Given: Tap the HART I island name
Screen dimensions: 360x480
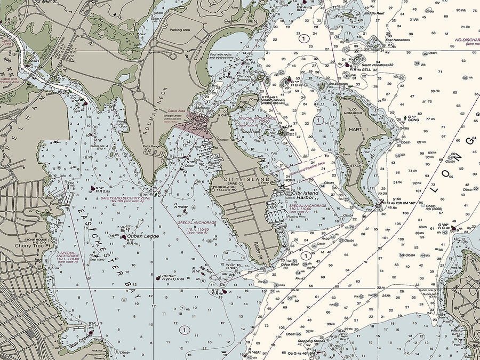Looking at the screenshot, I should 358,129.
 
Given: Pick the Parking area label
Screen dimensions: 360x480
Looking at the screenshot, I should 180,30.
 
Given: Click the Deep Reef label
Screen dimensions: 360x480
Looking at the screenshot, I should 290,263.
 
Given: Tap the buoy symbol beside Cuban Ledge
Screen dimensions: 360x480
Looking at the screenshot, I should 124,237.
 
